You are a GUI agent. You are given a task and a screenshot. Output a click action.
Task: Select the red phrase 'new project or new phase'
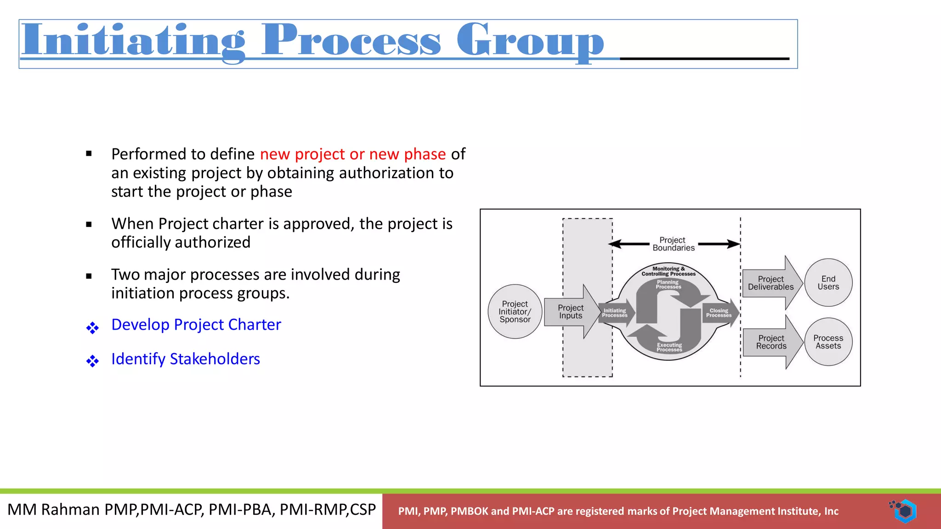click(x=352, y=154)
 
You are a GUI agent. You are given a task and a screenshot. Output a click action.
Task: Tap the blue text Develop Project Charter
click(x=196, y=325)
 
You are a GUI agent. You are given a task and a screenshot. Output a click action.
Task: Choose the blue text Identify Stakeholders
click(x=185, y=359)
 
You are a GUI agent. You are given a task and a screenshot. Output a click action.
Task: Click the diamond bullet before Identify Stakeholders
click(x=92, y=361)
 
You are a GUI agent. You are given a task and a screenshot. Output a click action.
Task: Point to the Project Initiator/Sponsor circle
click(x=515, y=312)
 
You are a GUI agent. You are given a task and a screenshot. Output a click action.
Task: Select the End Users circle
click(x=828, y=283)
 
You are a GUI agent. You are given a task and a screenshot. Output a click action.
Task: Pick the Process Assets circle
click(x=828, y=342)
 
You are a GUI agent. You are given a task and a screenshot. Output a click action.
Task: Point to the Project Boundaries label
click(x=673, y=244)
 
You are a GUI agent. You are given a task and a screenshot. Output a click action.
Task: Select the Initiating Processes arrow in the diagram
click(x=616, y=313)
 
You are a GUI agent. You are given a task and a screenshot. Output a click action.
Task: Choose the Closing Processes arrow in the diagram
click(x=720, y=313)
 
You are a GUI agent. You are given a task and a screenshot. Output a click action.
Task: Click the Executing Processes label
click(x=669, y=347)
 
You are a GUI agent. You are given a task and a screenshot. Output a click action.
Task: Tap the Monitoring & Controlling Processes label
click(x=669, y=271)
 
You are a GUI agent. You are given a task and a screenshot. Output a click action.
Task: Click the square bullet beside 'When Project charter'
click(x=89, y=225)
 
